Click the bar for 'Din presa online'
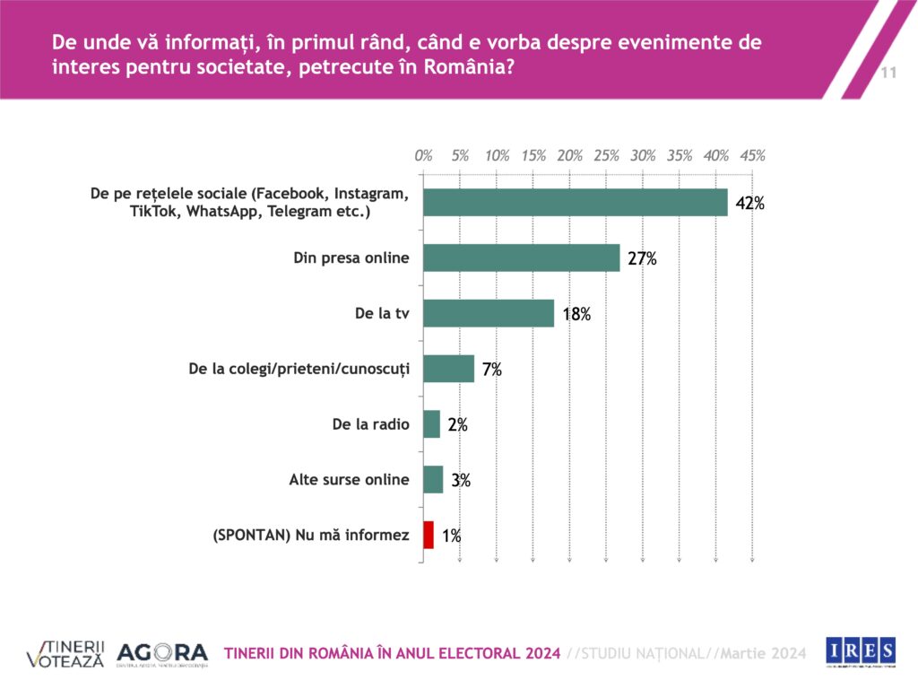(x=521, y=257)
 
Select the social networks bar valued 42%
(x=575, y=202)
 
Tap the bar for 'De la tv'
(x=489, y=313)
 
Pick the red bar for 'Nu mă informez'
(x=429, y=536)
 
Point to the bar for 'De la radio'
(x=431, y=424)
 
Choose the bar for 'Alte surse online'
(x=433, y=480)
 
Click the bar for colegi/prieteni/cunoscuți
(x=448, y=369)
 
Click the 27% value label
(x=642, y=259)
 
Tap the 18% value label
(x=576, y=315)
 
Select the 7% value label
(x=491, y=371)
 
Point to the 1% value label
(x=451, y=537)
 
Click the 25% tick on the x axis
(x=607, y=155)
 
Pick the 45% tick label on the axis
(x=753, y=155)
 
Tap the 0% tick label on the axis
(x=424, y=155)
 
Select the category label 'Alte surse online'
(x=349, y=480)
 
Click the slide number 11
(x=889, y=73)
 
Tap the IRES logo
(x=860, y=650)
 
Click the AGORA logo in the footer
(x=162, y=654)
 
